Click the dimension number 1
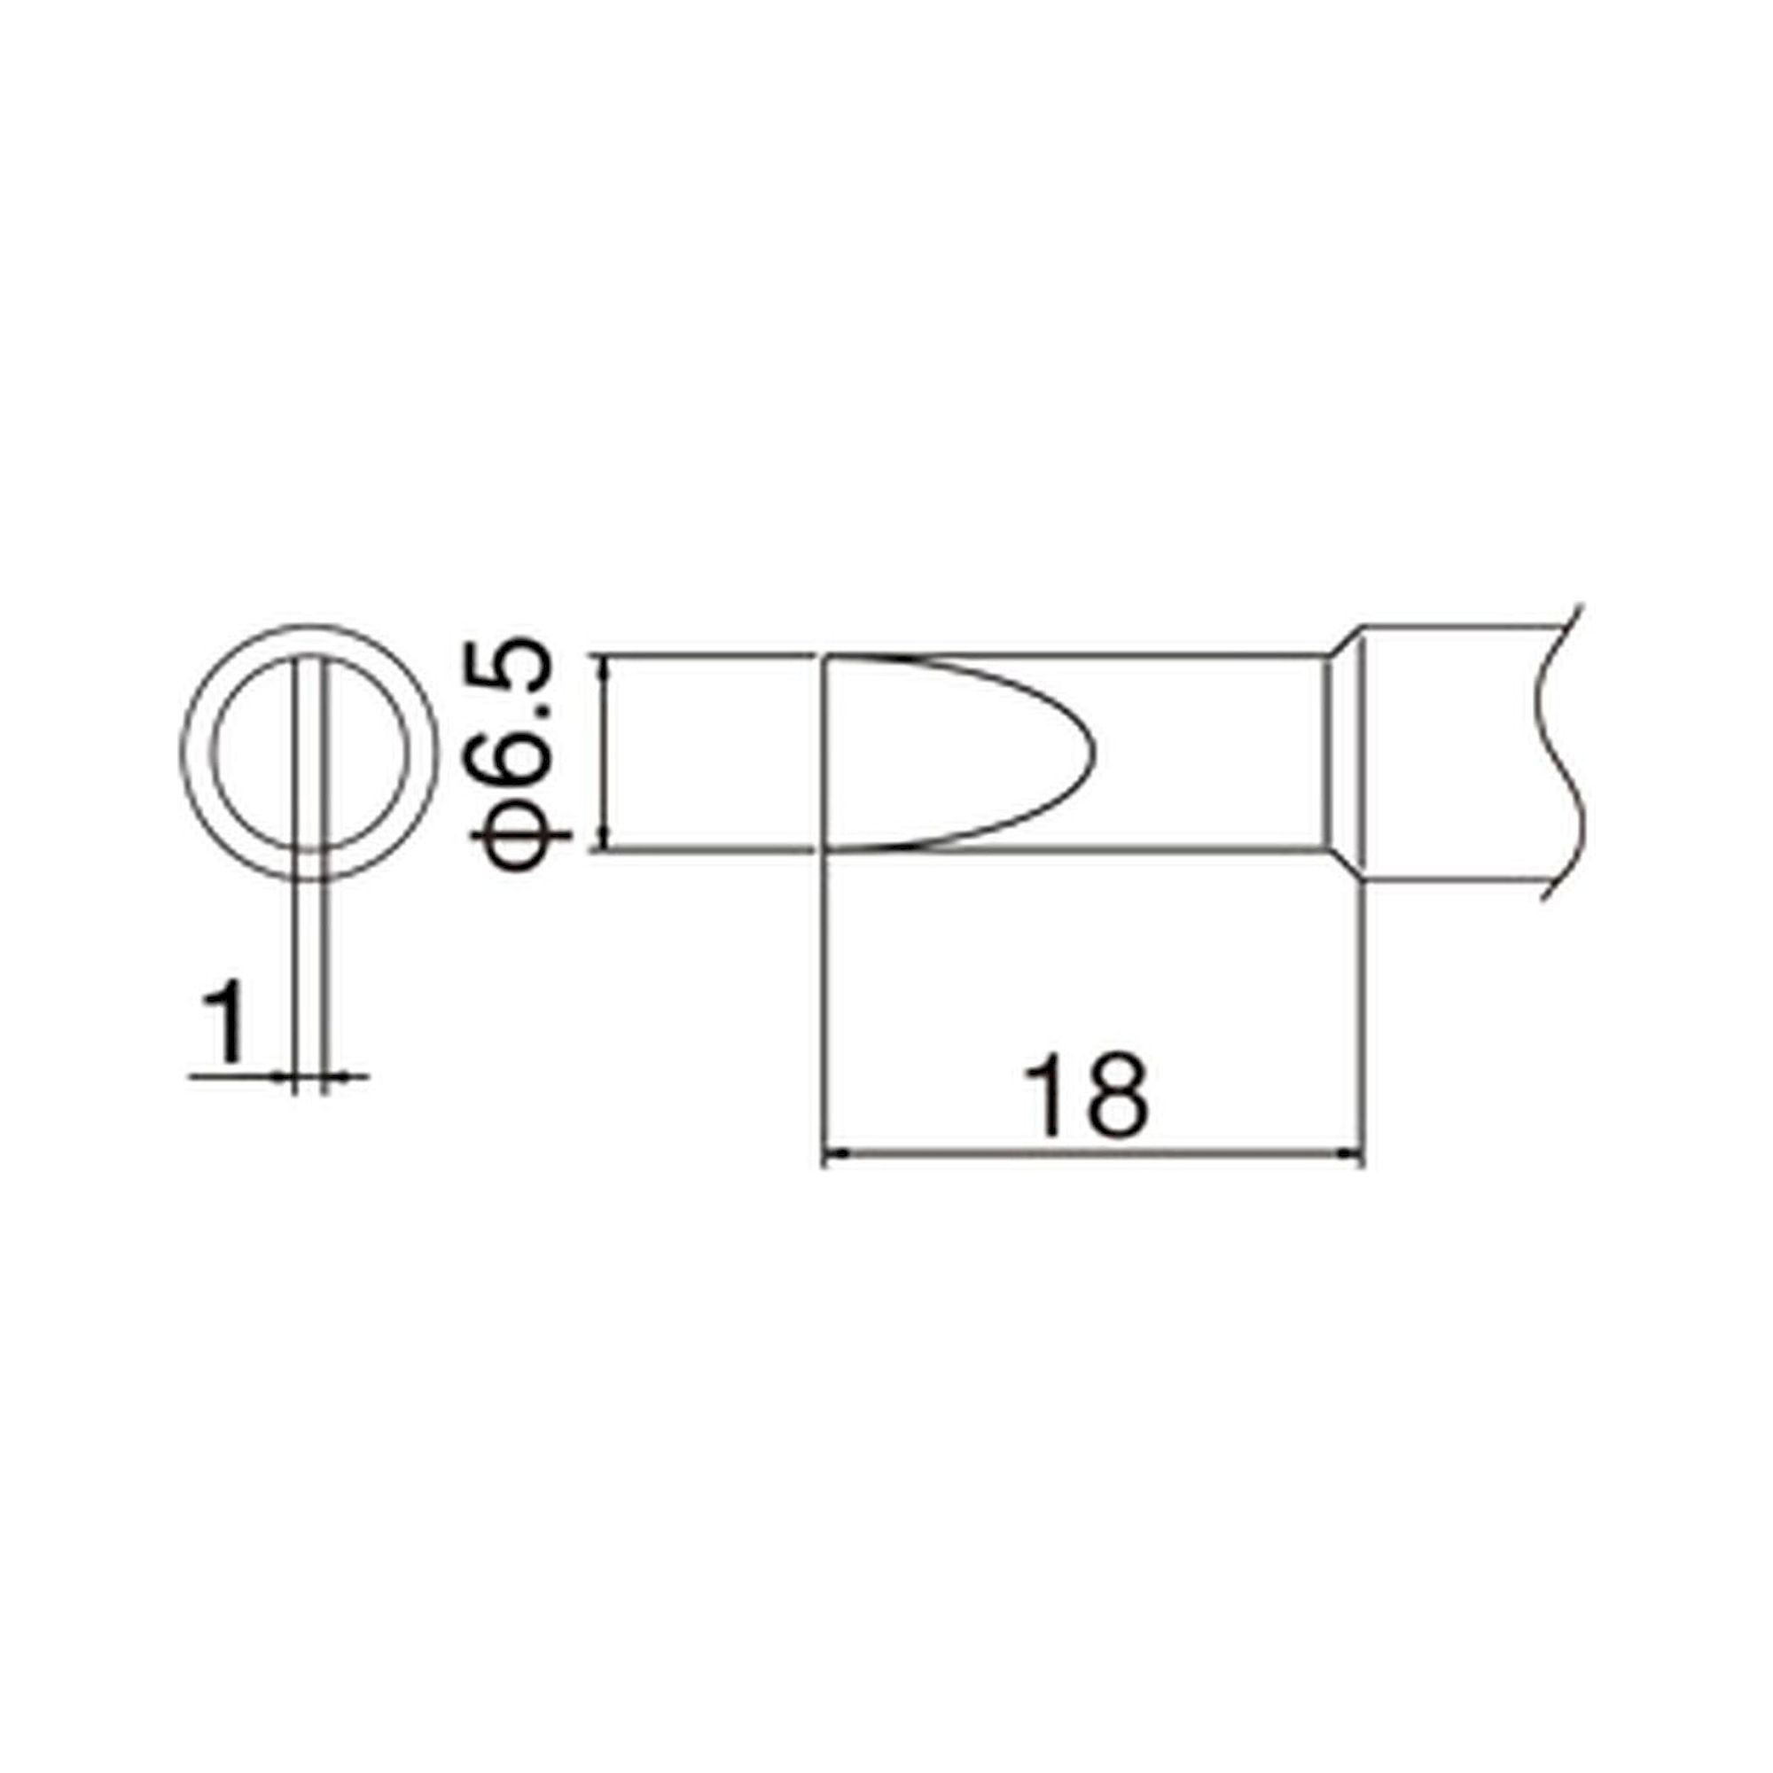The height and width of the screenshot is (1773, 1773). [x=224, y=1020]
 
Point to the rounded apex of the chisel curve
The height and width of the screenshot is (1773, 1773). [x=1092, y=754]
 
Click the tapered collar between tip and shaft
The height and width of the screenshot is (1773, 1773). [x=1344, y=753]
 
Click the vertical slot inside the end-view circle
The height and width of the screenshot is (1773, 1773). [x=309, y=753]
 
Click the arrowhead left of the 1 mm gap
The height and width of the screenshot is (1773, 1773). [x=284, y=1075]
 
